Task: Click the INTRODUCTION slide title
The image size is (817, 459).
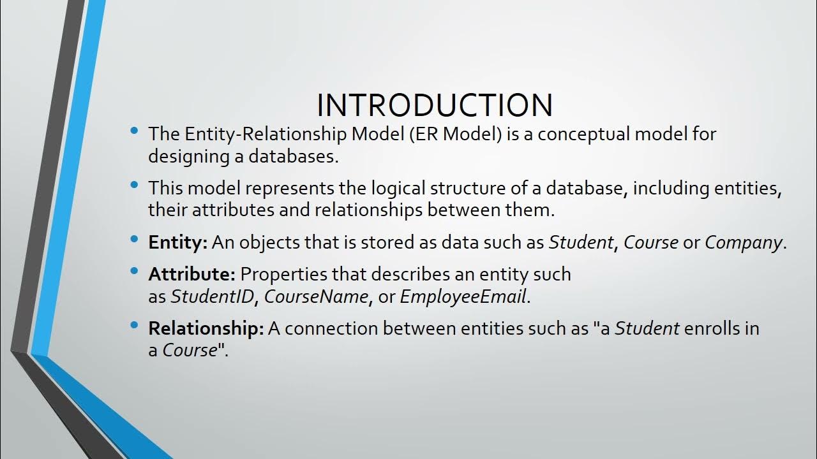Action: (x=434, y=105)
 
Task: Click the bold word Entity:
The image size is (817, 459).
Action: (x=178, y=242)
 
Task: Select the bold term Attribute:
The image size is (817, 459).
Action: (x=192, y=274)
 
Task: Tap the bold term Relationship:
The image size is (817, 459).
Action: (x=206, y=328)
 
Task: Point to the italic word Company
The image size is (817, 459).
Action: (x=743, y=242)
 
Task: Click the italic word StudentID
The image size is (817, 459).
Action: (x=212, y=296)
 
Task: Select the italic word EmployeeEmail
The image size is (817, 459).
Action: (x=463, y=296)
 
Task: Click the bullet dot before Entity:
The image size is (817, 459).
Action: (x=134, y=240)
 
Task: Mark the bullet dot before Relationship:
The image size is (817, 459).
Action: (x=134, y=326)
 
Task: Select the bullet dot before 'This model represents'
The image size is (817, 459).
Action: (x=134, y=186)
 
